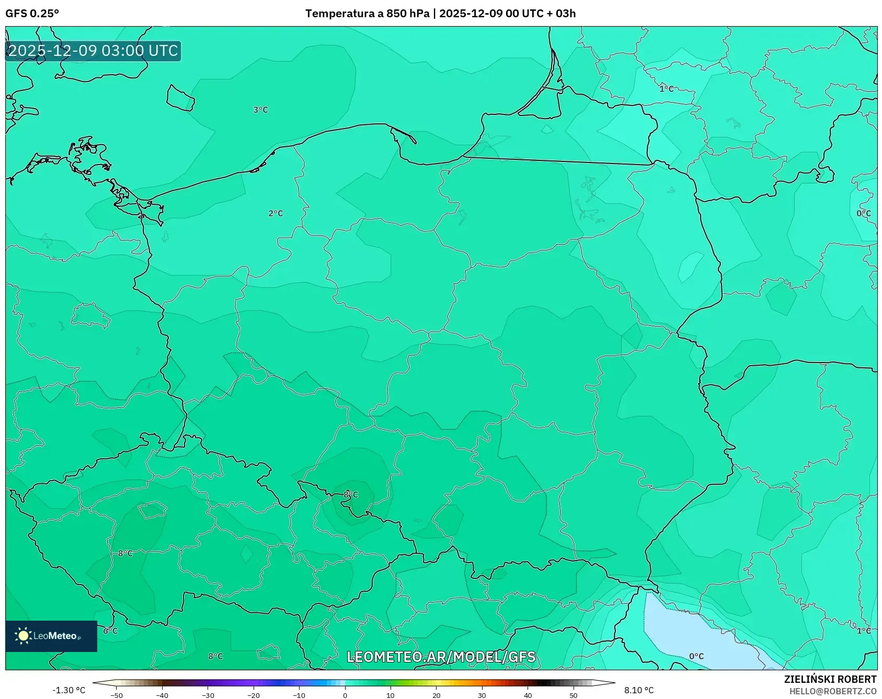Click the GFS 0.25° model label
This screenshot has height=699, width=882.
32,14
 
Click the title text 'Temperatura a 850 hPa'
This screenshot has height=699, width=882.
367,14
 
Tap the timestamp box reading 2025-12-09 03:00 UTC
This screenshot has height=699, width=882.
93,51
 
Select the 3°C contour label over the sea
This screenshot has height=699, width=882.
260,110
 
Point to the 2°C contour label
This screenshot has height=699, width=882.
276,213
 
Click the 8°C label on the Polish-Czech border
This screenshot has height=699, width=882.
351,494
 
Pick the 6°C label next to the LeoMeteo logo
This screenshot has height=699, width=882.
110,631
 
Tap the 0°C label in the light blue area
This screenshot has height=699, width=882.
696,656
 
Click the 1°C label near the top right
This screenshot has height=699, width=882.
666,89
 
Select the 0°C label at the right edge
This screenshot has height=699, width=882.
863,213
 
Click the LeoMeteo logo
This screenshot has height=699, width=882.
51,636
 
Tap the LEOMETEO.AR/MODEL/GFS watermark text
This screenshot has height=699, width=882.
441,657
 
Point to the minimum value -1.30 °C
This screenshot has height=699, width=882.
68,690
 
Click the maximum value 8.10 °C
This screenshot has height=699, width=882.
639,690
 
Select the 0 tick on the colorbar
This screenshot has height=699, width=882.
345,695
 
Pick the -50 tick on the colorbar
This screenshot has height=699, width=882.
117,695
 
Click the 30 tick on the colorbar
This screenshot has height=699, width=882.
482,695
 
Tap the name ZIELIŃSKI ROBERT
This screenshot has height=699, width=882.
830,679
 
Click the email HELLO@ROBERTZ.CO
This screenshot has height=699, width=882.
832,691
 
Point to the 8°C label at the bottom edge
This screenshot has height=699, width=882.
215,656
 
